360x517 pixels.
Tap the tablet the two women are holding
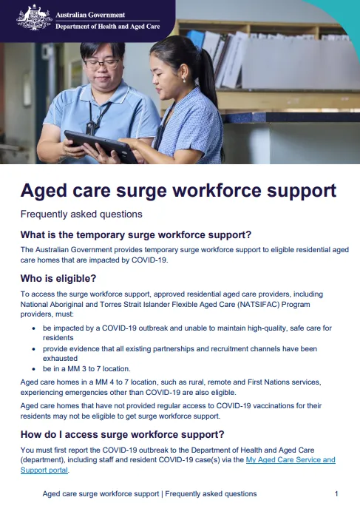click(99, 146)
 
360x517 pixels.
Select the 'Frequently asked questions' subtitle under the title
click(81, 214)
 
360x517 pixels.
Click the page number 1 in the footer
click(336, 493)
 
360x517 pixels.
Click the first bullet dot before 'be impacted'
click(35, 326)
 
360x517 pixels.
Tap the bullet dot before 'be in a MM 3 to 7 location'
click(35, 368)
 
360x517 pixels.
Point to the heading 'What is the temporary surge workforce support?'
click(136, 235)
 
